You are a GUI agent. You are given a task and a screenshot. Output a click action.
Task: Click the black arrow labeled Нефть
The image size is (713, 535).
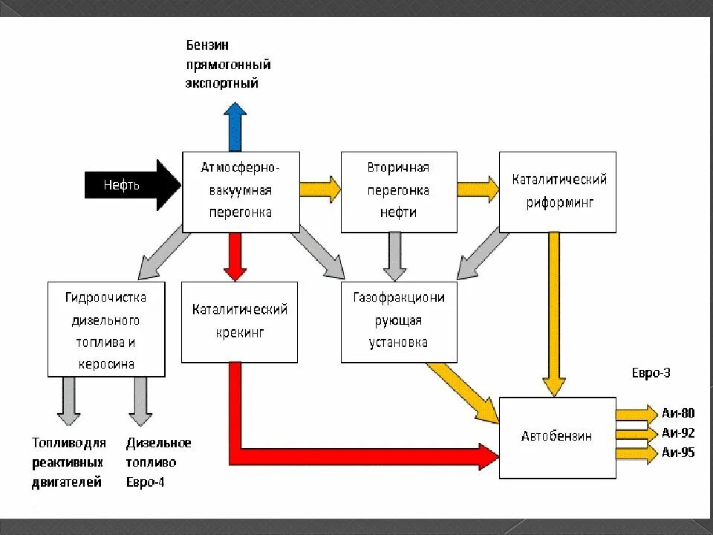[130, 185]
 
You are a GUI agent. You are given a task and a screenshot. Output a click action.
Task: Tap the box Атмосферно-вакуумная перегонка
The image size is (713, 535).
[241, 192]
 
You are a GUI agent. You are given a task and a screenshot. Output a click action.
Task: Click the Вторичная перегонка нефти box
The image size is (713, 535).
[399, 192]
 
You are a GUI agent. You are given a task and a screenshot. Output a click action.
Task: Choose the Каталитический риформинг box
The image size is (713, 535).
[558, 192]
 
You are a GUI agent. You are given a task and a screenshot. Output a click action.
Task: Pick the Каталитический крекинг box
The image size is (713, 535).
[239, 322]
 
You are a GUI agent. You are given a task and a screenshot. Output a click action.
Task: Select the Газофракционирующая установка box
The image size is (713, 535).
[399, 322]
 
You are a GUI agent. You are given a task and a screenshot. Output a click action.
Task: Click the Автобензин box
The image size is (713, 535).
[557, 437]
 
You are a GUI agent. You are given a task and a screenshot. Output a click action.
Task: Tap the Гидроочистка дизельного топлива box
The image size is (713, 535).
[105, 329]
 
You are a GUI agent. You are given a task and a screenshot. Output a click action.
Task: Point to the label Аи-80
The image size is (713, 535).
[677, 414]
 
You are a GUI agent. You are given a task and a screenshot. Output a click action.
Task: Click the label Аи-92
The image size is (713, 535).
[677, 432]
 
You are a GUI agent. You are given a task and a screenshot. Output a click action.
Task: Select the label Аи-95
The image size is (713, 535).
[677, 452]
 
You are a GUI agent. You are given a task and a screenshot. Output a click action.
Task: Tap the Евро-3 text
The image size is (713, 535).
[654, 374]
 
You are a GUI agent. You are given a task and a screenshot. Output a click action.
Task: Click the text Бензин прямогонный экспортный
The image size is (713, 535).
[227, 65]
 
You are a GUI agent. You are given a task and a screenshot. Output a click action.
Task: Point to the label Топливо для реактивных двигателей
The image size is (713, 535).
[68, 462]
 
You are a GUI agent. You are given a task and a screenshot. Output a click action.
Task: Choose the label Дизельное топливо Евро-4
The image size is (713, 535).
[158, 462]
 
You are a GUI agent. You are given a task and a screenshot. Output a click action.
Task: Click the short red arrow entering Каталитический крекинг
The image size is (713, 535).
[235, 256]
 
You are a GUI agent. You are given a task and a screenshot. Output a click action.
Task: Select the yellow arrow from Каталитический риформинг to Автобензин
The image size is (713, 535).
[553, 312]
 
